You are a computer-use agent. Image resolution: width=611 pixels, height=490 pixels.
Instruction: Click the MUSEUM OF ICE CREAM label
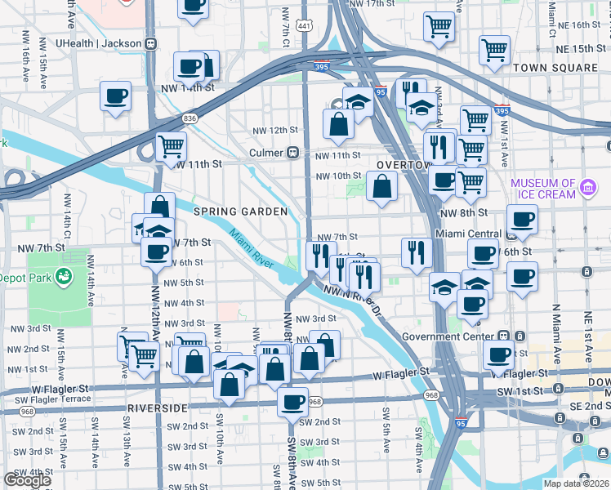click(x=543, y=189)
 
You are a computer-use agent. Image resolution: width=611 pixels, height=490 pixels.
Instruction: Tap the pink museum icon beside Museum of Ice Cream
click(x=587, y=189)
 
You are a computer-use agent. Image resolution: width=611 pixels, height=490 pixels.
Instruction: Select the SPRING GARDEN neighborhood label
click(x=240, y=212)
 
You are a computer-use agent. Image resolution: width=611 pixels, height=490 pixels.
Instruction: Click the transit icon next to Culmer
click(x=291, y=153)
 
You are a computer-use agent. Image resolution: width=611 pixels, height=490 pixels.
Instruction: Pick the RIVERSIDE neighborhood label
click(x=158, y=407)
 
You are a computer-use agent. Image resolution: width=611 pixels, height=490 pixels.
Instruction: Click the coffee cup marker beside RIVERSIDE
click(x=292, y=400)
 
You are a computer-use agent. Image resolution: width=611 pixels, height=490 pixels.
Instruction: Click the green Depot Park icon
click(x=61, y=278)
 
